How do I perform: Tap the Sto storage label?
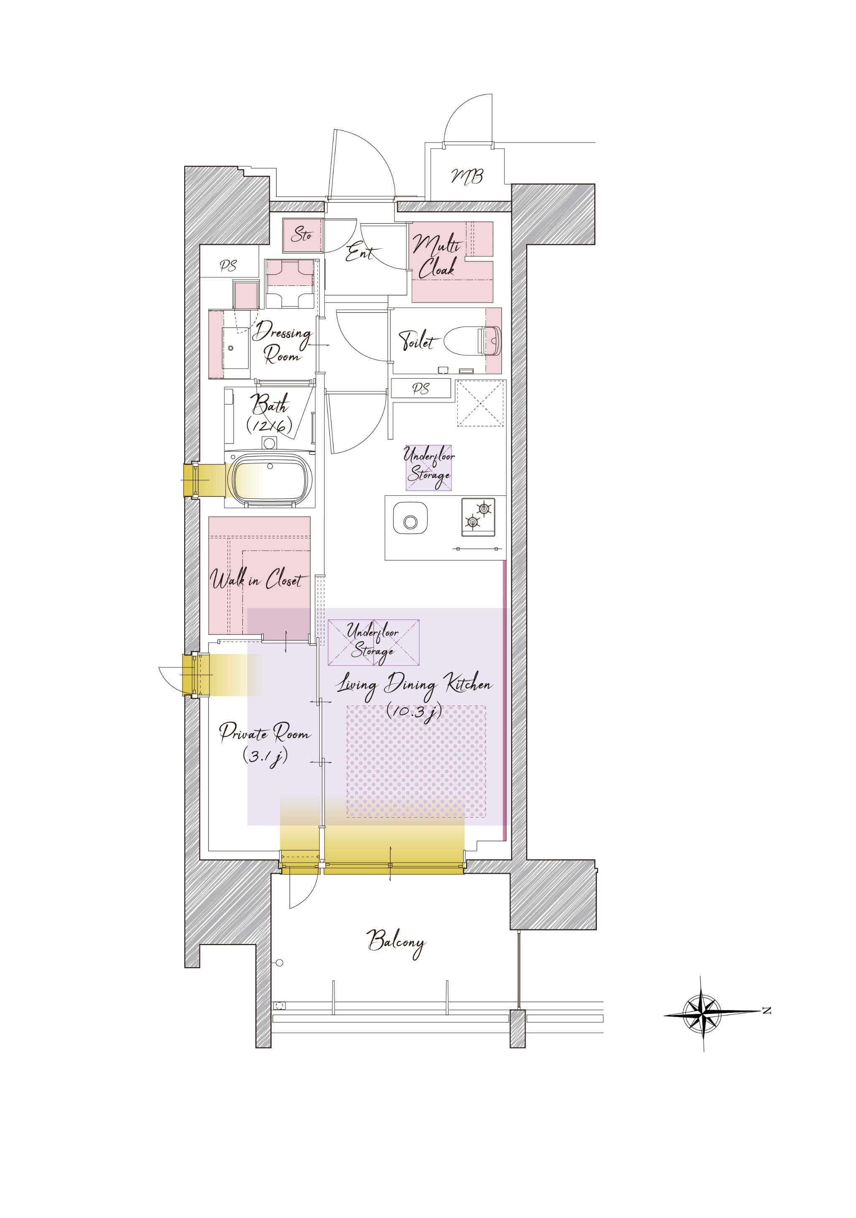coord(302,234)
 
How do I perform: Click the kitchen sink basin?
coord(410,518)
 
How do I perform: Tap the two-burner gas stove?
coord(479,517)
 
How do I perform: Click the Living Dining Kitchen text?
coord(415,684)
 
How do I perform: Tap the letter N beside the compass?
coord(767,1011)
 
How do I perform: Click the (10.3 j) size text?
coord(414,711)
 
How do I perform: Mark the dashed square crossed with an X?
coord(480,403)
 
